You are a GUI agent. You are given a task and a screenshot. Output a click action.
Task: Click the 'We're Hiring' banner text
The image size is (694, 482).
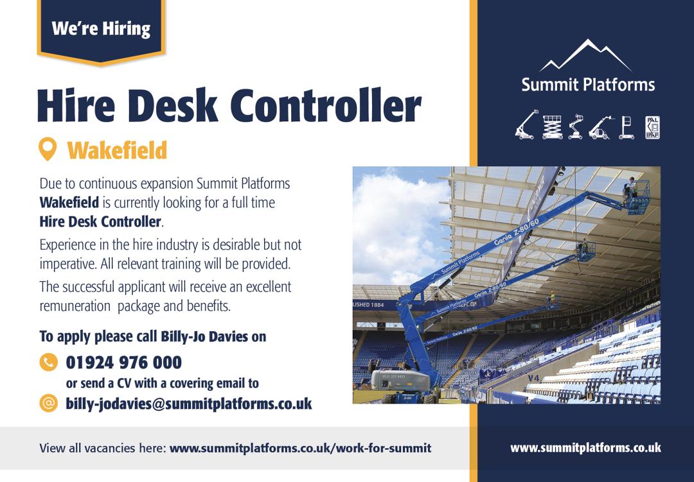pos(100,29)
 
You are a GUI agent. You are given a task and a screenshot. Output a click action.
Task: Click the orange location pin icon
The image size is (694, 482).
pos(48,150)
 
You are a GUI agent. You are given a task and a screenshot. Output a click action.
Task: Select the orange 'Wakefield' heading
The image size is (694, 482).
pos(117,151)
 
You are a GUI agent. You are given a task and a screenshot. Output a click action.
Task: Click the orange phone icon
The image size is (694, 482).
pos(48,363)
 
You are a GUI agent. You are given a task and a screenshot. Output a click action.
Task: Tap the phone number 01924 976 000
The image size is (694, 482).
pos(124,363)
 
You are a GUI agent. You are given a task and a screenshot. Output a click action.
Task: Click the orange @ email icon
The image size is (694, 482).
pos(48,403)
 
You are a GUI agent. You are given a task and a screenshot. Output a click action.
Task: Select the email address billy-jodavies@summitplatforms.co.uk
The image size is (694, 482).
pos(189,404)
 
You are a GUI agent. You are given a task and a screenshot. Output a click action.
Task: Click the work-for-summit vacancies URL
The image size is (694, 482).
pos(300,448)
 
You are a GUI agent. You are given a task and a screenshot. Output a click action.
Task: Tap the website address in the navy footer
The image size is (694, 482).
pos(585,448)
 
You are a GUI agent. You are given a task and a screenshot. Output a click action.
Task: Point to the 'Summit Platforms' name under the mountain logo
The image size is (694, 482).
pos(588,84)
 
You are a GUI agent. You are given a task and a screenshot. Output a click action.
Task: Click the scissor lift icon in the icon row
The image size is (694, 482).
pos(552,127)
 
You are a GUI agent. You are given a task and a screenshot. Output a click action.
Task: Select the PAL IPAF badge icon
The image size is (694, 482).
pos(652,127)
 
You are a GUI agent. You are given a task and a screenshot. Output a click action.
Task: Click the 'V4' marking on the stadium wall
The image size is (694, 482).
pos(533,378)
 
